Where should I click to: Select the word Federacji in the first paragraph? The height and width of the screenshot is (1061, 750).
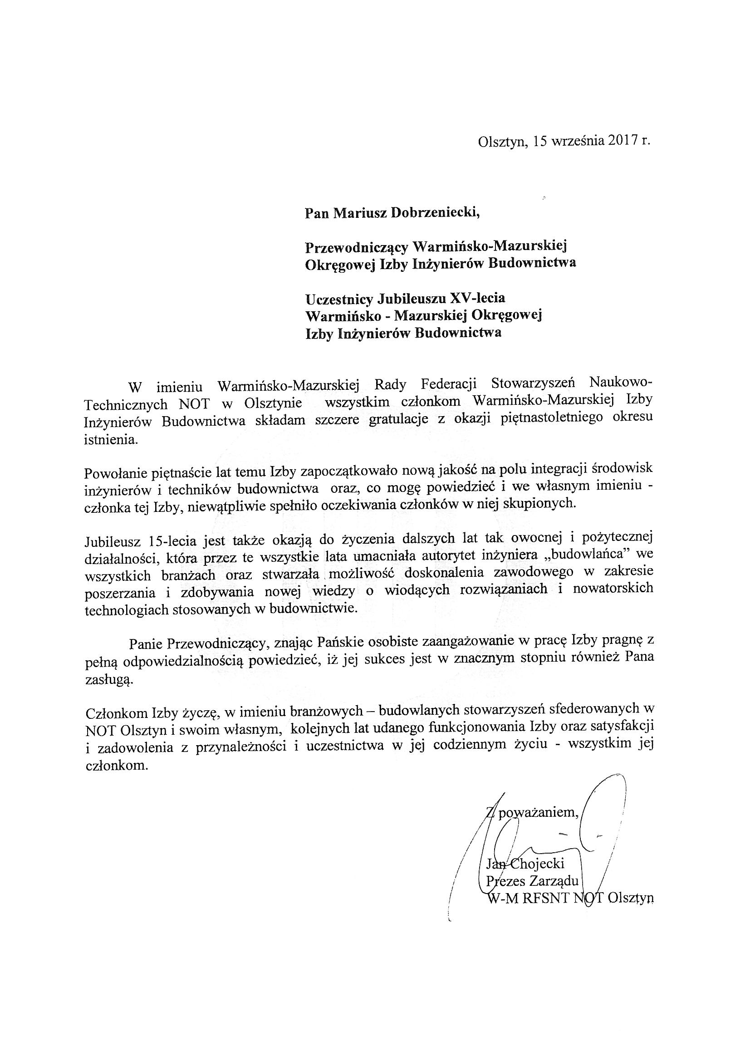(x=451, y=384)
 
